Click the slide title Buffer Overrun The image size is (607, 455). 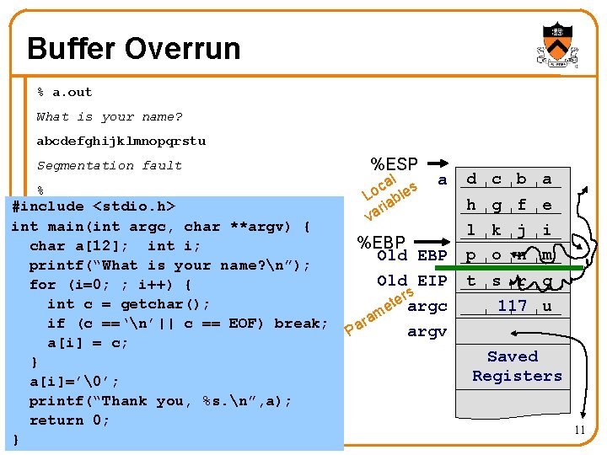(133, 48)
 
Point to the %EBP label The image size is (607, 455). (382, 243)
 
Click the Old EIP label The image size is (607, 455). (412, 281)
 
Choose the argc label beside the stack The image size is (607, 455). (427, 306)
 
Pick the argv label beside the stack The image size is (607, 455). (427, 332)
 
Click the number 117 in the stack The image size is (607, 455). (512, 306)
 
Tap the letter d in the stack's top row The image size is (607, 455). (471, 179)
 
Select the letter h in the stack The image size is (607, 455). (471, 205)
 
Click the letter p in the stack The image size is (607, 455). (471, 255)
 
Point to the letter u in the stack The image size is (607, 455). (547, 306)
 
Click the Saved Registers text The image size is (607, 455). (516, 367)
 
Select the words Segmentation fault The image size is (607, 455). (109, 165)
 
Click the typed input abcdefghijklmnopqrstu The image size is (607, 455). (121, 141)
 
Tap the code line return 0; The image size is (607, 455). (69, 420)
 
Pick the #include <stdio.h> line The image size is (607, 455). (94, 206)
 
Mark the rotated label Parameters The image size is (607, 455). (379, 311)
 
